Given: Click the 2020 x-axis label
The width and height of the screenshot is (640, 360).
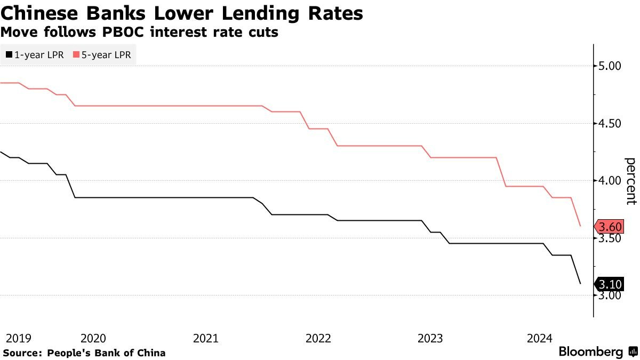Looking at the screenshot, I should click(x=93, y=338).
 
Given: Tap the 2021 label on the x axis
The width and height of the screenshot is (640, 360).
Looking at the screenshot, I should click(x=206, y=338).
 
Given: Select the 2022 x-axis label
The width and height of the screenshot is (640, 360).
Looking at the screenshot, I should click(x=318, y=338).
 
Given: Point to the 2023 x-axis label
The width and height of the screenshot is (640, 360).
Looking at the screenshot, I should click(x=430, y=338).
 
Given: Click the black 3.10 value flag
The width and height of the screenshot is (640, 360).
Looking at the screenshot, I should click(x=609, y=284).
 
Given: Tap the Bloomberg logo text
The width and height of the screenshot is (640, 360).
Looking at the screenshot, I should click(x=591, y=352).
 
